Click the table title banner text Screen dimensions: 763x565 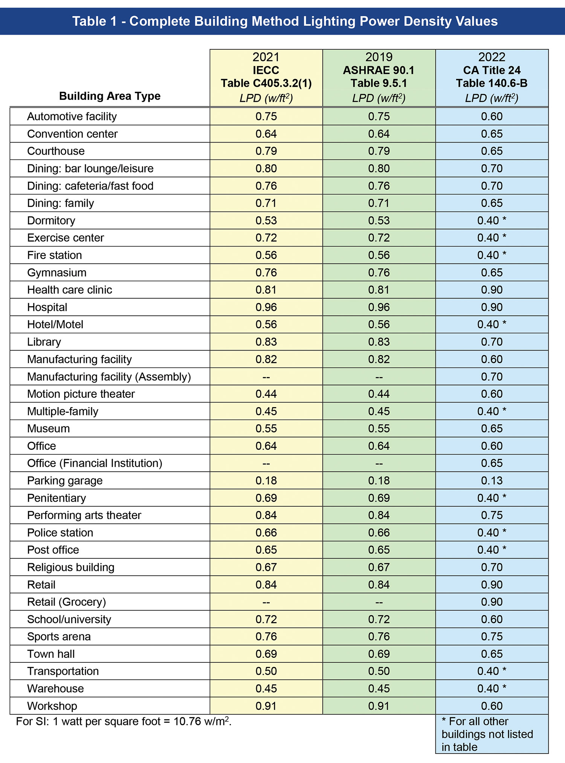(285, 21)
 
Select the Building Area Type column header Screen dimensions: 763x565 (110, 96)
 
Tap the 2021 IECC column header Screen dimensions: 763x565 (266, 77)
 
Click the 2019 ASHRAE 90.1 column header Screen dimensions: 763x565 (379, 77)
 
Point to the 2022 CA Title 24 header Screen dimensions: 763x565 (492, 77)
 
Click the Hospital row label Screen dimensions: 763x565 (47, 307)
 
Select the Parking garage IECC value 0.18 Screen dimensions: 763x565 (266, 481)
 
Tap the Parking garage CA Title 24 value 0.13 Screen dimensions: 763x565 (492, 481)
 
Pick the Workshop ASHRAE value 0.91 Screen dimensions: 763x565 (379, 706)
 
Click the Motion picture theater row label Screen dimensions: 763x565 (81, 394)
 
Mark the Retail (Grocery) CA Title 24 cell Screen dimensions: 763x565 (492, 602)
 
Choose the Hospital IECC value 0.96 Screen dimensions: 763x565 (266, 307)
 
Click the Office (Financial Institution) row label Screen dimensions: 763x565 (95, 463)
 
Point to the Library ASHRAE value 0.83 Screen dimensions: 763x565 (379, 342)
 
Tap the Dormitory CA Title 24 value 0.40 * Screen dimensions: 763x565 (492, 221)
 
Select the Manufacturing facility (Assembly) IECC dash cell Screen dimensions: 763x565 (266, 377)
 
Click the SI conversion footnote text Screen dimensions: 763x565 (124, 722)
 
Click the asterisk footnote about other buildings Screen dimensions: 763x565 (487, 734)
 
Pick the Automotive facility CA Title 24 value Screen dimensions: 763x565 (492, 116)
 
